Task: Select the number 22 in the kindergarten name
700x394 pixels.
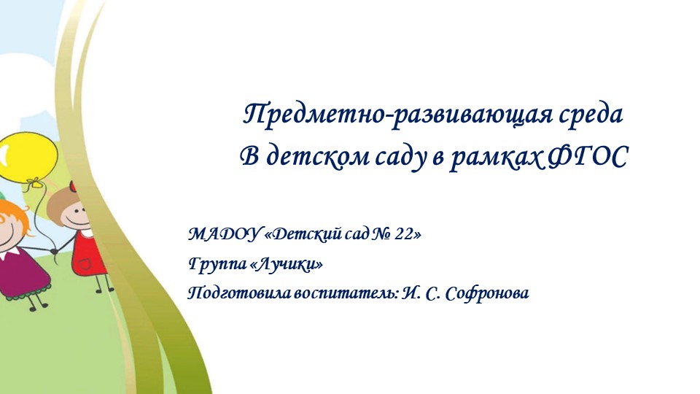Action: (405, 234)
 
